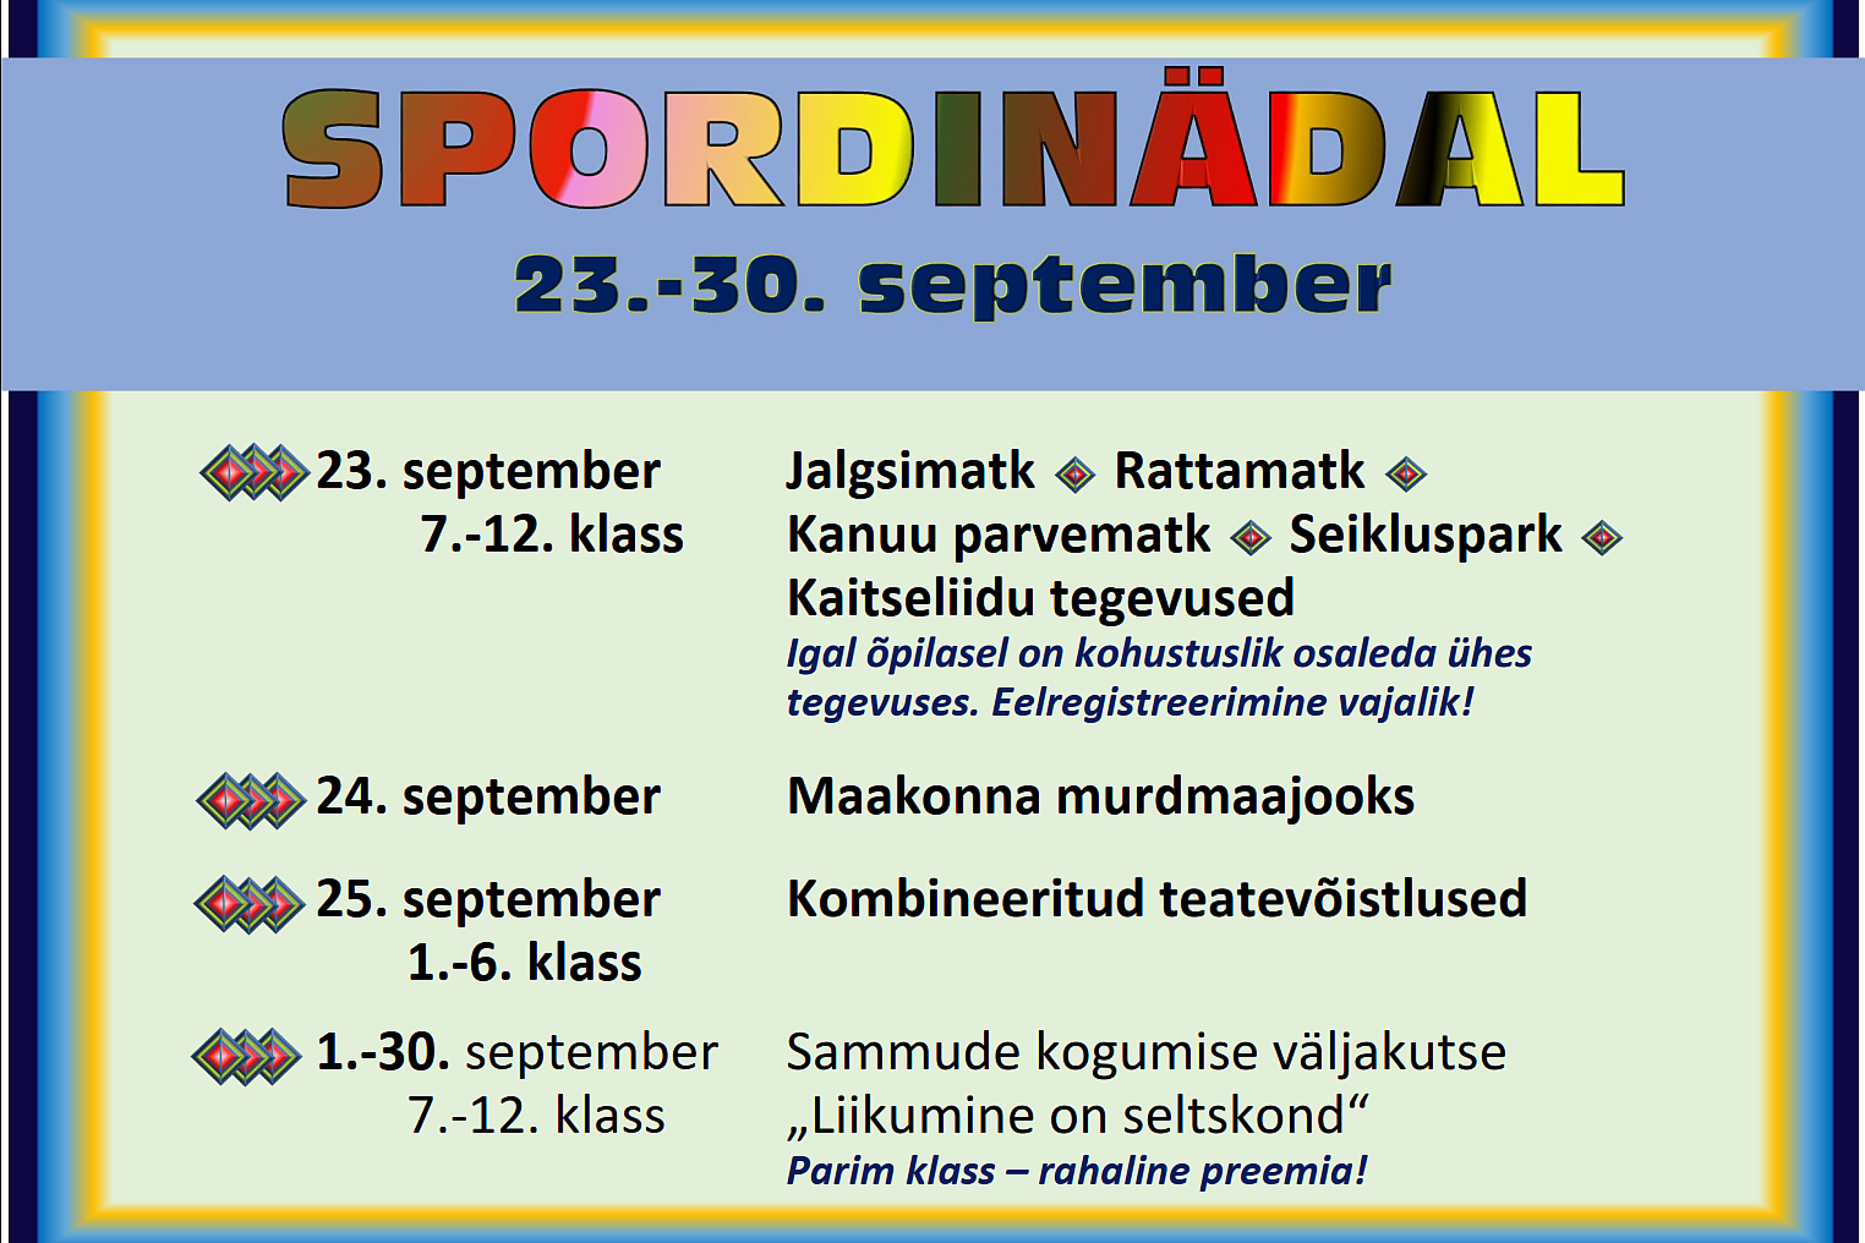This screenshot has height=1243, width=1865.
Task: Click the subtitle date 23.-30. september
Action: coord(952,285)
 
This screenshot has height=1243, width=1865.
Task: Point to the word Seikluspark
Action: coord(1426,535)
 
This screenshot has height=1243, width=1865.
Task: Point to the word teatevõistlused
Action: coord(1343,899)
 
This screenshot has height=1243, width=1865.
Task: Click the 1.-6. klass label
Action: coord(524,963)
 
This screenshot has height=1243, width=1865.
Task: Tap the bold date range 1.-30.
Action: coord(383,1052)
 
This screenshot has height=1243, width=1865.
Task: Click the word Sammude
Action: coord(903,1053)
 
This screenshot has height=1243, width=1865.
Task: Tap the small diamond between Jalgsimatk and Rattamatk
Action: coord(1075,475)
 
